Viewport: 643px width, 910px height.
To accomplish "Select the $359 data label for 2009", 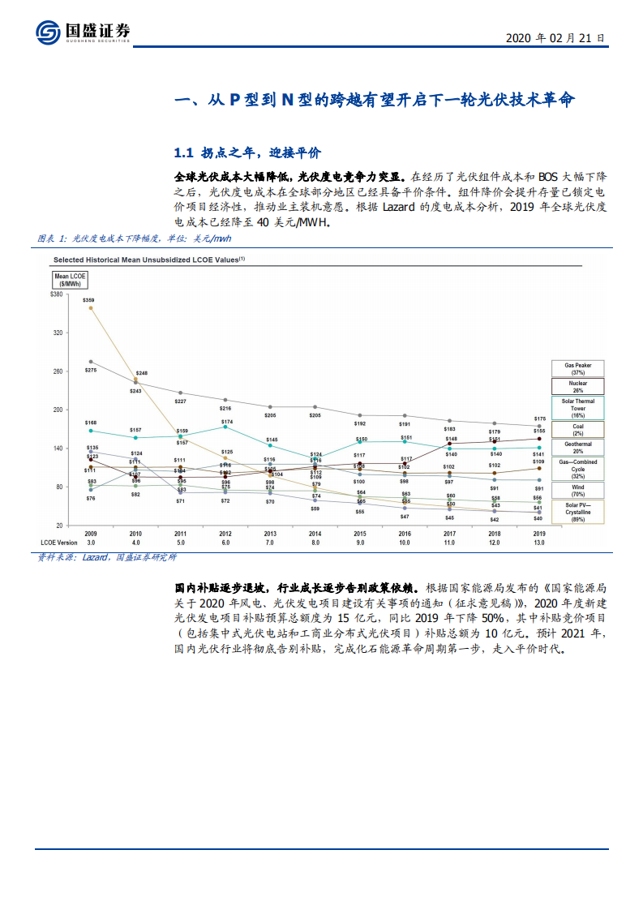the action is point(88,300).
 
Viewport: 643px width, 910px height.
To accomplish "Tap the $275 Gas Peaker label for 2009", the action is point(90,370).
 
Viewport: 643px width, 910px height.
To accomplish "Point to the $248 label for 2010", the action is point(142,373).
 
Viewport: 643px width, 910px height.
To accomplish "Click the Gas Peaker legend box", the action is point(577,369).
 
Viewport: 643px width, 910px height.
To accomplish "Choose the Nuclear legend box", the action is point(577,387).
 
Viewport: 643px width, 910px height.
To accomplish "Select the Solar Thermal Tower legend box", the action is point(577,407).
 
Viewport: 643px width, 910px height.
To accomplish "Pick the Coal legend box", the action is point(577,429).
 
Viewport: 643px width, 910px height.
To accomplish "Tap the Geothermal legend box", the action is point(577,448).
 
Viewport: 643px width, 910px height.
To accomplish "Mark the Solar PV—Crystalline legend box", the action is point(577,512).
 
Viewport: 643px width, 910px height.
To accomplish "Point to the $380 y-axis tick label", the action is point(56,294).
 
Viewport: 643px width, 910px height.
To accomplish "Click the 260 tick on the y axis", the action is point(57,371).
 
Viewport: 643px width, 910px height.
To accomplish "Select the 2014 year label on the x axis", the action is point(316,534).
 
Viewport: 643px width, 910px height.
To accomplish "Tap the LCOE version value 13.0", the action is point(538,542).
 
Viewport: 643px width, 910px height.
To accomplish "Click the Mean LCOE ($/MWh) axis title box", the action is point(71,280).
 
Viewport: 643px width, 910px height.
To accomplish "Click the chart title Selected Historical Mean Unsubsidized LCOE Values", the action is point(148,260).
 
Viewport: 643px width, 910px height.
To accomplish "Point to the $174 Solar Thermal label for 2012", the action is point(227,422).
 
